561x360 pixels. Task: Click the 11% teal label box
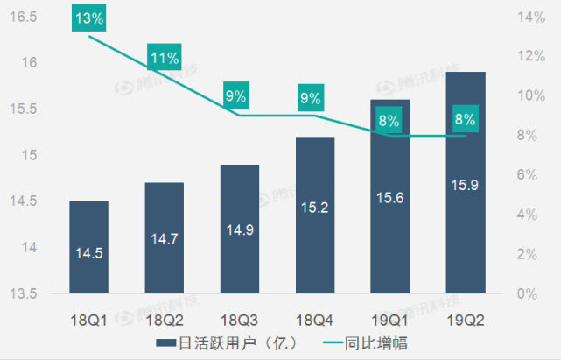(165, 59)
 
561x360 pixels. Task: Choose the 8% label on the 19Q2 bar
(465, 119)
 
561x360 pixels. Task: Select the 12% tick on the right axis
(531, 56)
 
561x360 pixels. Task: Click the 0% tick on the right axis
(529, 294)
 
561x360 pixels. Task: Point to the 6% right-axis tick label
(529, 175)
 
